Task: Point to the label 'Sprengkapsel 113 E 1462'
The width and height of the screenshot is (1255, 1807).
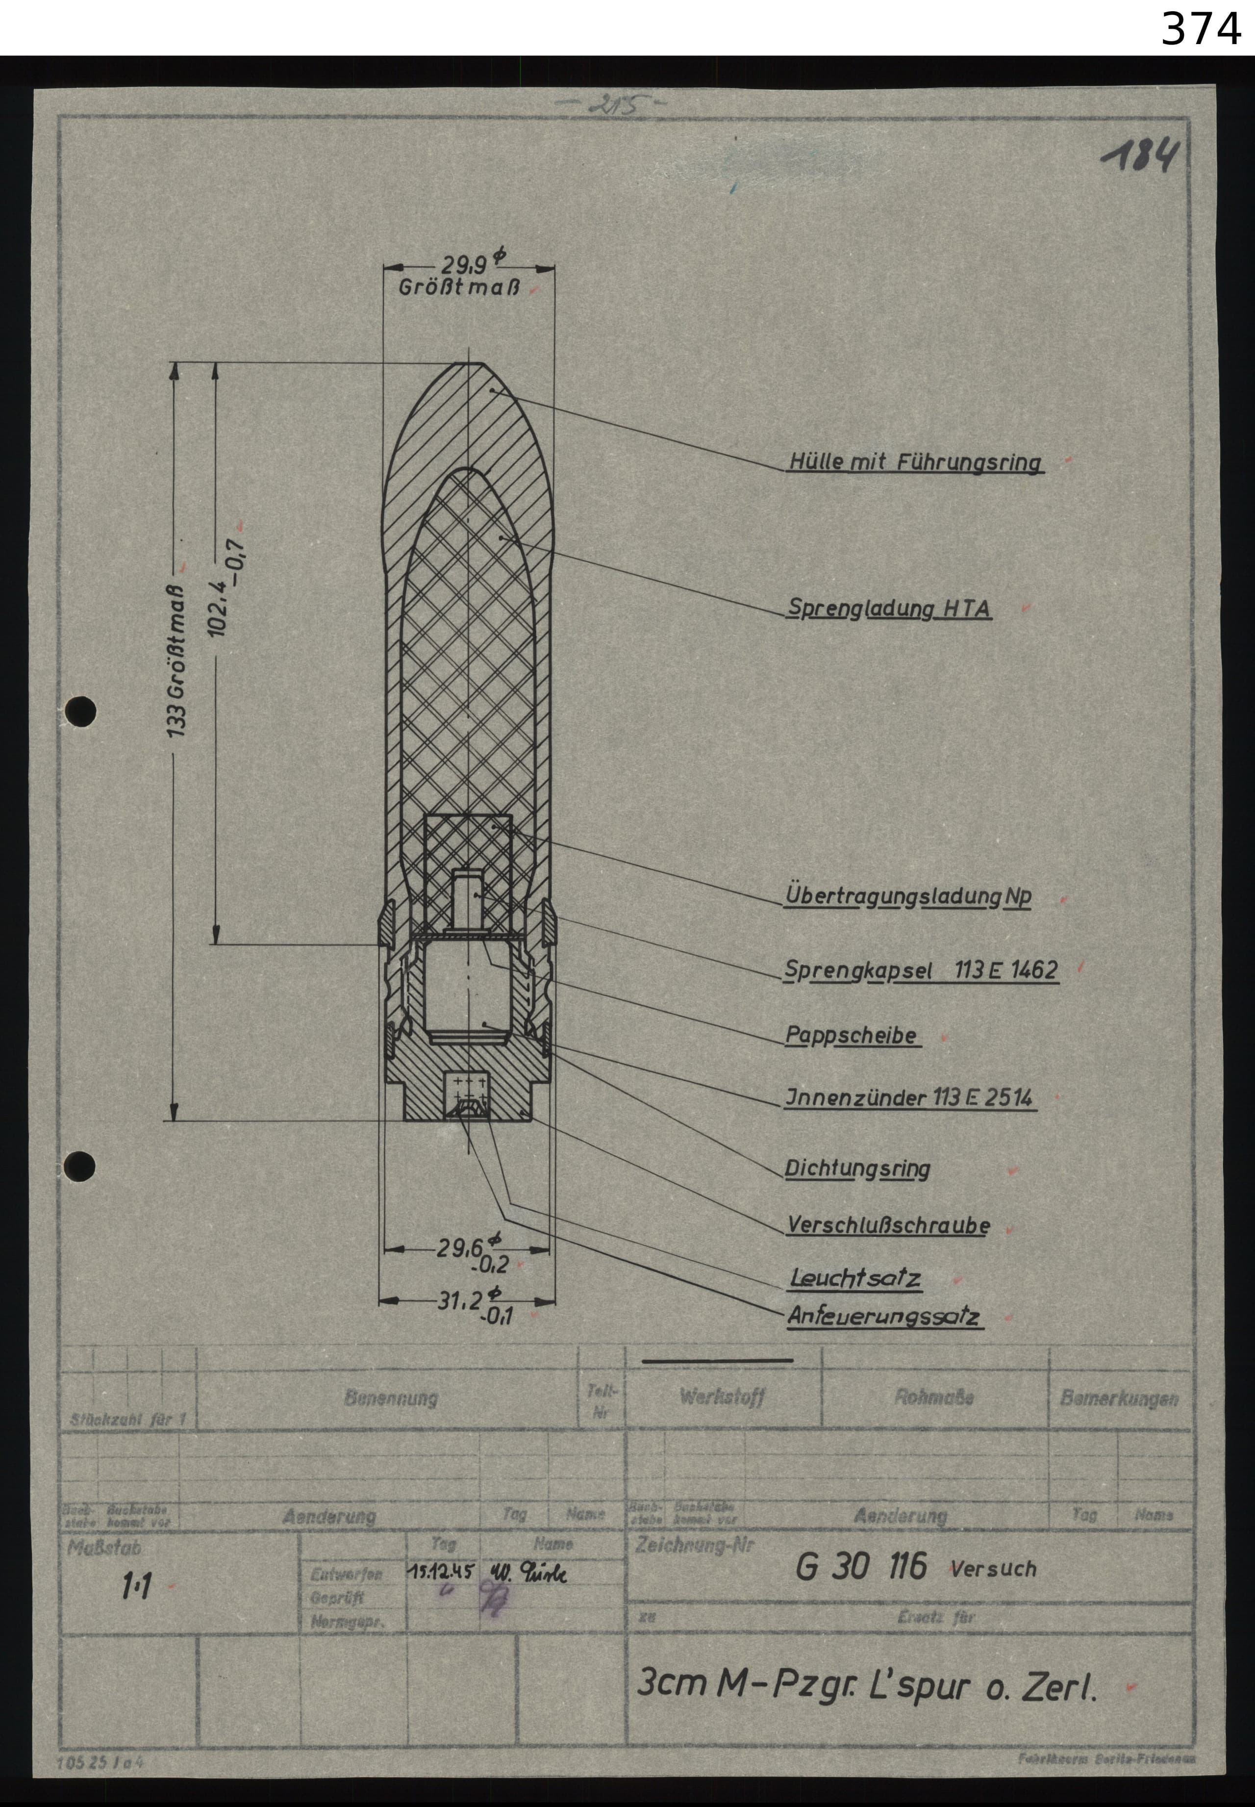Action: coord(921,970)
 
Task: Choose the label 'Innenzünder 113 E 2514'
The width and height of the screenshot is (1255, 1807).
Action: coord(909,1098)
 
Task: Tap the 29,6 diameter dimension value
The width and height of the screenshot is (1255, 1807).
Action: coord(460,1247)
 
